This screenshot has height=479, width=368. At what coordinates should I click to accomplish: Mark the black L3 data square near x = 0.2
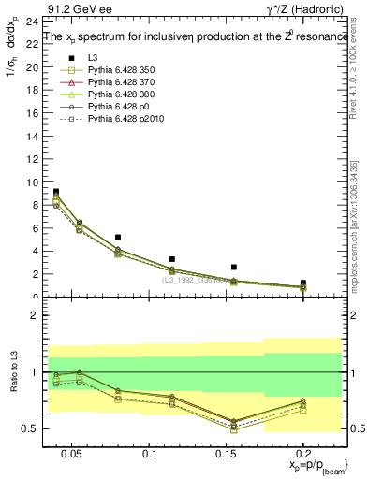pos(302,283)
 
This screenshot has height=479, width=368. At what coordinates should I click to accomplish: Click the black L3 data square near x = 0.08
pos(117,238)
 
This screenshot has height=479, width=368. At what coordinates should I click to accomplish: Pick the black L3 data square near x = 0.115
pos(172,259)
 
